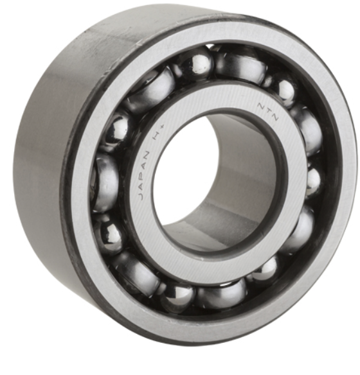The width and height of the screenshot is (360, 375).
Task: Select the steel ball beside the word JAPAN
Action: coord(105,183)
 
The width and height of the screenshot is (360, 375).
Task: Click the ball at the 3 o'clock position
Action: coord(312,180)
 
